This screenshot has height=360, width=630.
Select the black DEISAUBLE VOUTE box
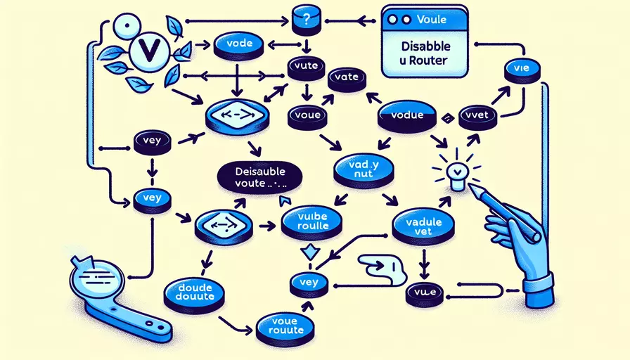tap(259, 177)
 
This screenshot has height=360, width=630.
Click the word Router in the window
tap(437, 60)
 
